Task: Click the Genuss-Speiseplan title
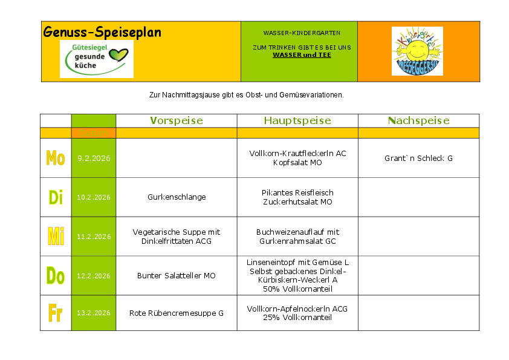[x=102, y=32]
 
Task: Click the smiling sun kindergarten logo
[x=417, y=51]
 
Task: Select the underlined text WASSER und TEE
[x=302, y=55]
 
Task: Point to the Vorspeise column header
[x=177, y=121]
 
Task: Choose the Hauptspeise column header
[x=297, y=121]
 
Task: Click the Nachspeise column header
[x=418, y=121]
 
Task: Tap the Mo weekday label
[x=56, y=159]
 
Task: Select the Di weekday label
[x=56, y=197]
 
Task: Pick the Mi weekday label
[x=56, y=237]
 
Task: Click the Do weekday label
[x=56, y=276]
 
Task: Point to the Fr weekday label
[x=56, y=313]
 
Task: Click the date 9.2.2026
[x=94, y=159]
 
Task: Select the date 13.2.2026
[x=94, y=313]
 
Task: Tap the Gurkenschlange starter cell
[x=177, y=197]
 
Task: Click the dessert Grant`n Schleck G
[x=418, y=159]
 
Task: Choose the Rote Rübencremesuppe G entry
[x=177, y=313]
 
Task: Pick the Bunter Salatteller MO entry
[x=177, y=276]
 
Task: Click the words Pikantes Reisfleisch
[x=297, y=193]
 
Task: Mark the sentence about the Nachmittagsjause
[x=246, y=95]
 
